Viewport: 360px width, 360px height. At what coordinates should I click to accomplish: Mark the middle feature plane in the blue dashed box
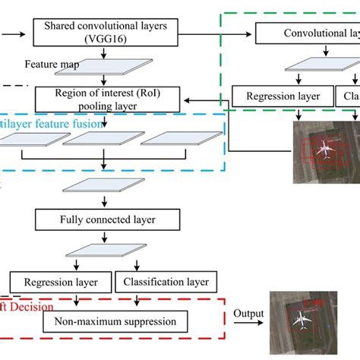103,137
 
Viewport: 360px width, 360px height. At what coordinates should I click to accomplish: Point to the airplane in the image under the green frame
326,150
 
